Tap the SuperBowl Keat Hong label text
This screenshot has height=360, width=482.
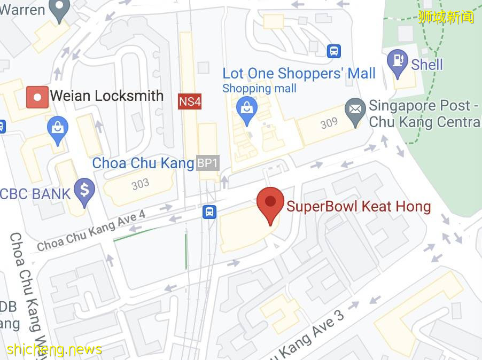359,206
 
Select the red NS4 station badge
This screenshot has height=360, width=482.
190,101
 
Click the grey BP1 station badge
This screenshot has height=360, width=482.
207,163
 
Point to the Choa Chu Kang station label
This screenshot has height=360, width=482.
143,163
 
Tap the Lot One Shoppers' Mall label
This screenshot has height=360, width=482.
299,73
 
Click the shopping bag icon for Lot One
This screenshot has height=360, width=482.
247,109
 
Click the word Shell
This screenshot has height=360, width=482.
427,65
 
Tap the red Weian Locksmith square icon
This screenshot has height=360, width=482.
37,97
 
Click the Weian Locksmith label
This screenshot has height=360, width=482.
107,96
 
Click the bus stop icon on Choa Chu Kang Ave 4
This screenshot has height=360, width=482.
209,212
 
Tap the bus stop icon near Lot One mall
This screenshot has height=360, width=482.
334,51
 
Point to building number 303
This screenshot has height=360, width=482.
140,184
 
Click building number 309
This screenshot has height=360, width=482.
329,123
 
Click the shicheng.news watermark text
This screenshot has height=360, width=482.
54,350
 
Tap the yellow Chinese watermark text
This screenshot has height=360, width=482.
446,17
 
